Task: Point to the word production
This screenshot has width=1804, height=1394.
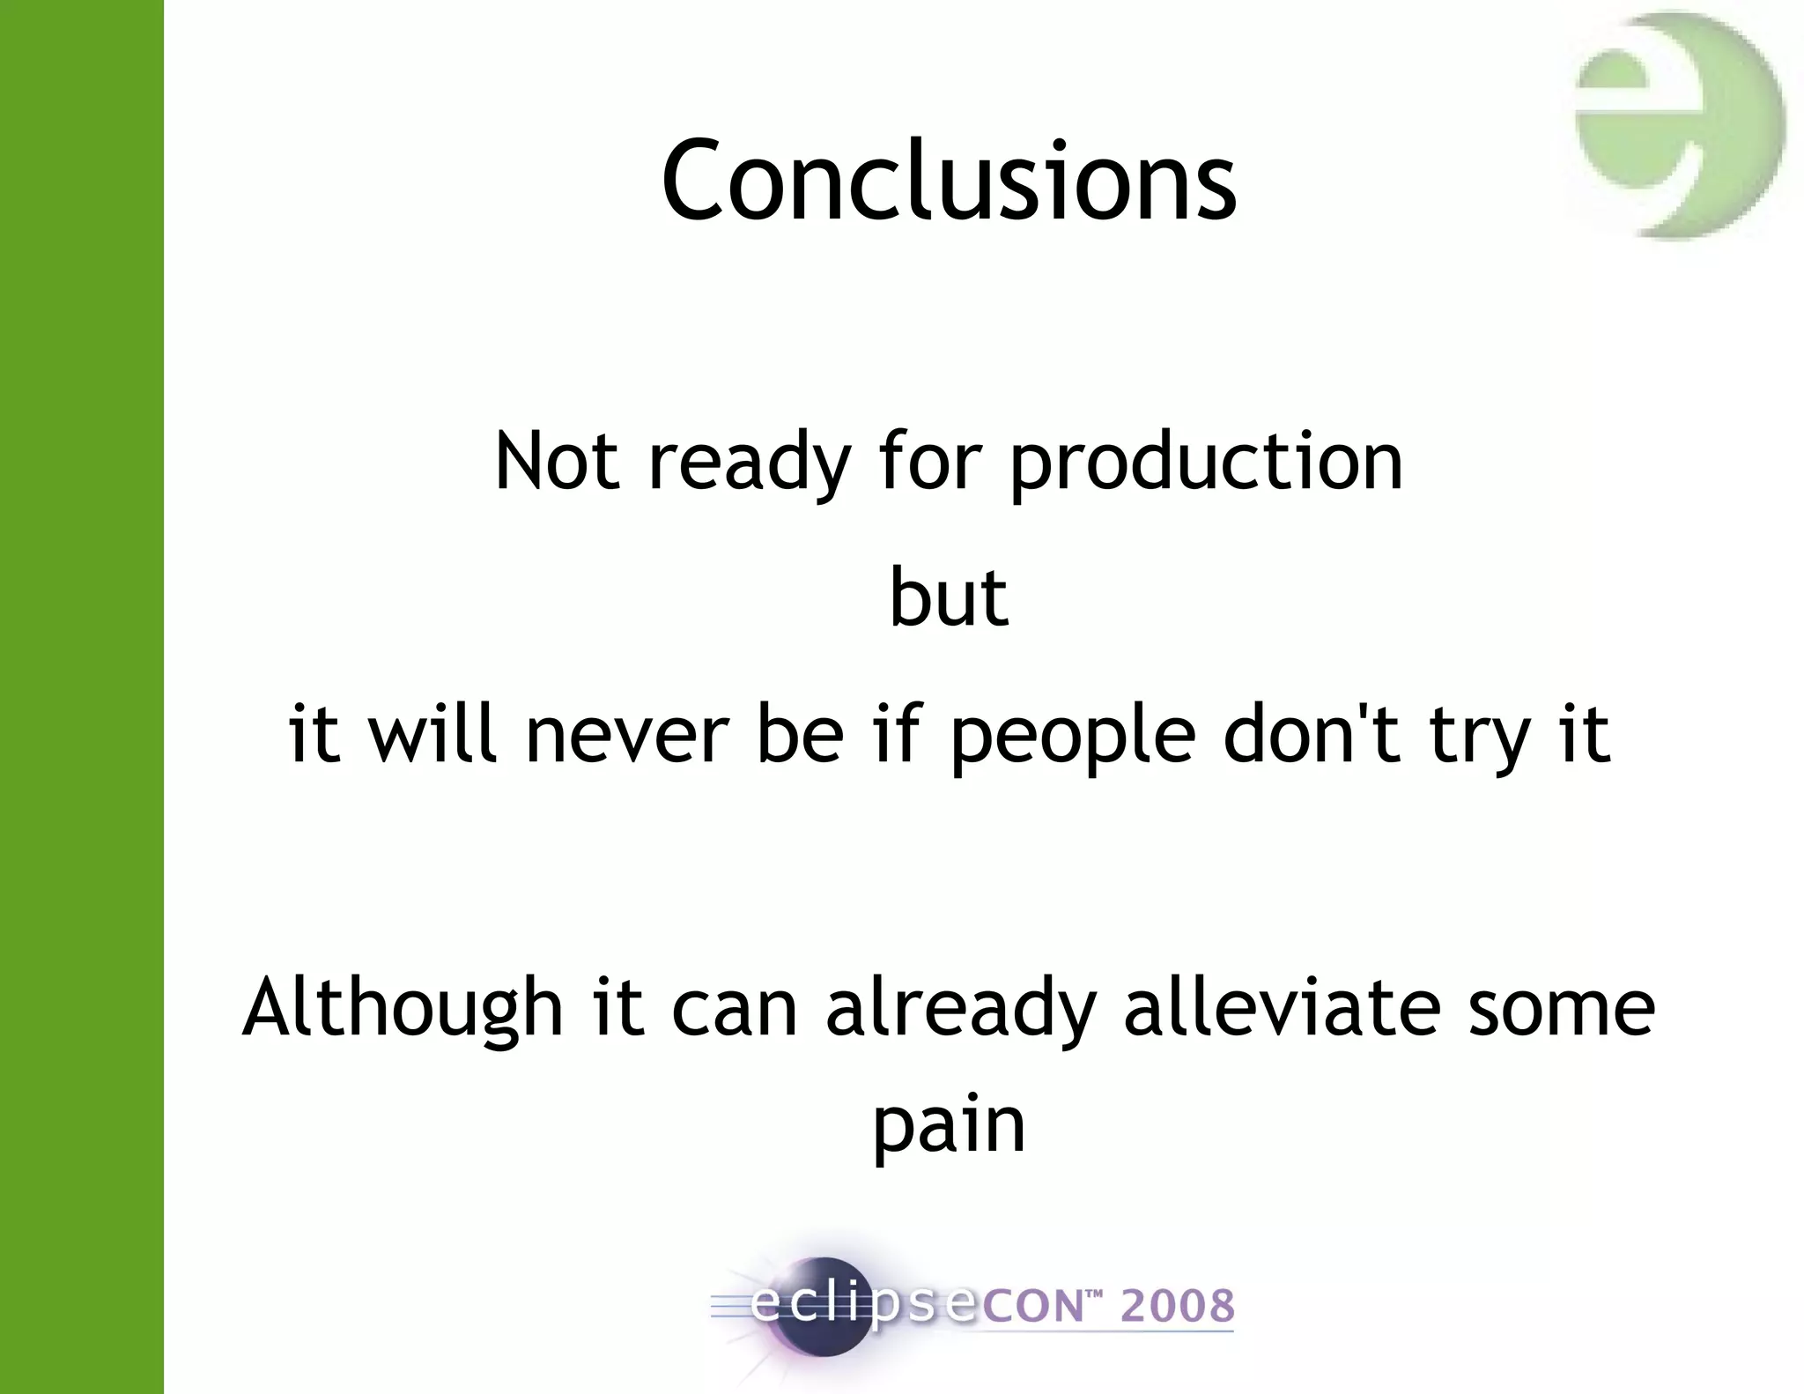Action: pyautogui.click(x=1205, y=463)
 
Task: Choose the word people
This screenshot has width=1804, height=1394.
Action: pyautogui.click(x=1073, y=737)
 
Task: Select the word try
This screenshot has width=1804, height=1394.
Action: pyautogui.click(x=1480, y=737)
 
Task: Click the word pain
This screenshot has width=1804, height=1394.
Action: pyautogui.click(x=949, y=1126)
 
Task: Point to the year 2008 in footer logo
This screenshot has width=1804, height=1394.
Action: pyautogui.click(x=1177, y=1306)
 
